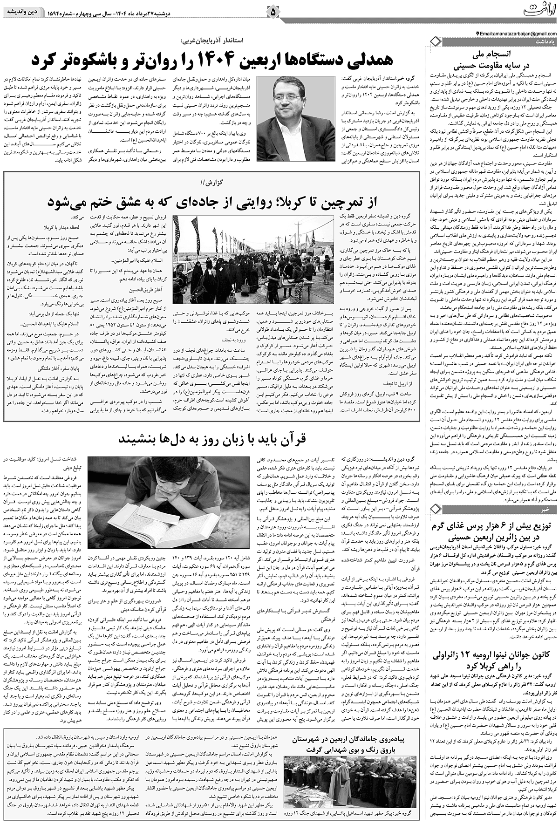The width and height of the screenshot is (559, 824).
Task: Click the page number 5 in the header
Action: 273,10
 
